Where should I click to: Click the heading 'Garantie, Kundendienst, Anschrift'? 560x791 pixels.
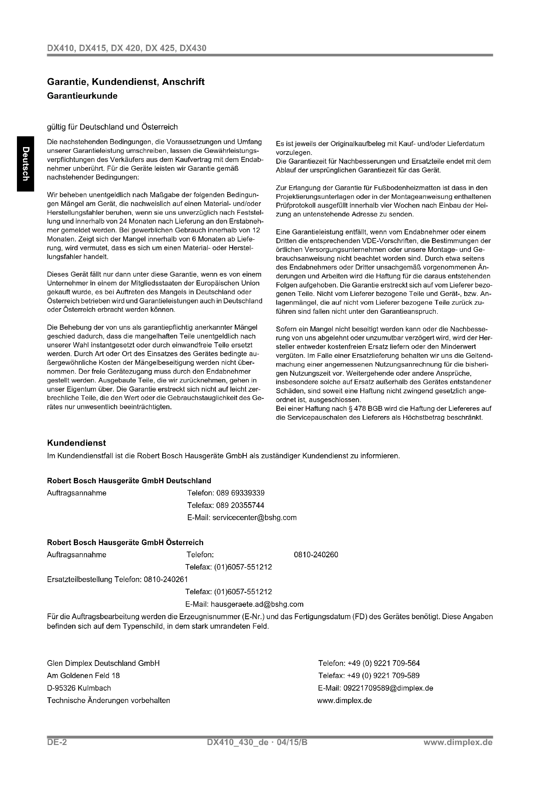[126, 82]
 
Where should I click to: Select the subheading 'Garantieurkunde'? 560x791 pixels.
[82, 96]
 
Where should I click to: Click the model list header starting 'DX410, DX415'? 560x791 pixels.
[127, 48]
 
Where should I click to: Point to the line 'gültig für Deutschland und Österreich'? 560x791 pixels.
[112, 127]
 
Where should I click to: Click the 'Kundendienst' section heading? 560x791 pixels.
[76, 443]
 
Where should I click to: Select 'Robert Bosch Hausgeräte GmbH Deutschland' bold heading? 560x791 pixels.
[129, 481]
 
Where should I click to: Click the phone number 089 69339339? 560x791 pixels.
[240, 493]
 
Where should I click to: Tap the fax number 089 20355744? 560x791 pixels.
[240, 505]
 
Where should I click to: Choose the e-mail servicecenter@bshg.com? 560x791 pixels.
[255, 517]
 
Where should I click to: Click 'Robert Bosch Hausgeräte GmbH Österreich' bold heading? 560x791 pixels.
[125, 542]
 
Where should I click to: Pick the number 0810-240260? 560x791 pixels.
[316, 555]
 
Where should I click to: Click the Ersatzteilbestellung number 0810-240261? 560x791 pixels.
[166, 580]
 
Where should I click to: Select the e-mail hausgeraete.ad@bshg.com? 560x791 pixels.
[257, 604]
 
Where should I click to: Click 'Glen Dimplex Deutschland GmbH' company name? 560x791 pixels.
[103, 663]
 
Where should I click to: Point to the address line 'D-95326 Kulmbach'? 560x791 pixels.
[79, 688]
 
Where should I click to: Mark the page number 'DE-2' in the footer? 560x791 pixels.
[57, 742]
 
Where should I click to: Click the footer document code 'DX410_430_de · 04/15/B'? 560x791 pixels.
[257, 742]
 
